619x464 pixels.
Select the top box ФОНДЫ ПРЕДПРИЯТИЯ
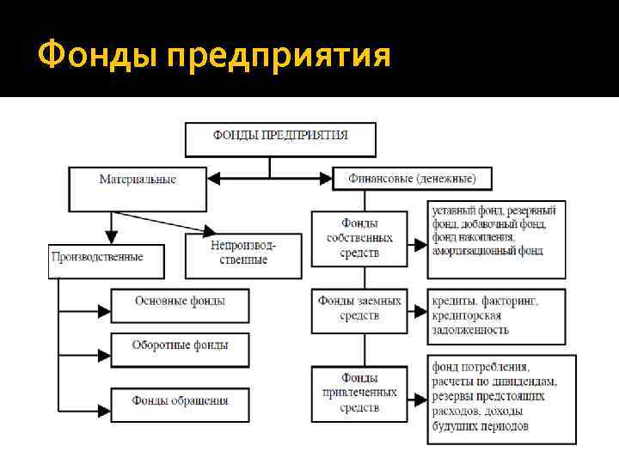pyautogui.click(x=280, y=137)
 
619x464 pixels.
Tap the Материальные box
pyautogui.click(x=138, y=187)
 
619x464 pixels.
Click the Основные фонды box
pyautogui.click(x=180, y=303)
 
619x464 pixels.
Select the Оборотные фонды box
pyautogui.click(x=180, y=347)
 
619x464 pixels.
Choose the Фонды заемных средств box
pyautogui.click(x=359, y=308)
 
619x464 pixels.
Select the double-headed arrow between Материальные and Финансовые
pyautogui.click(x=270, y=179)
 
